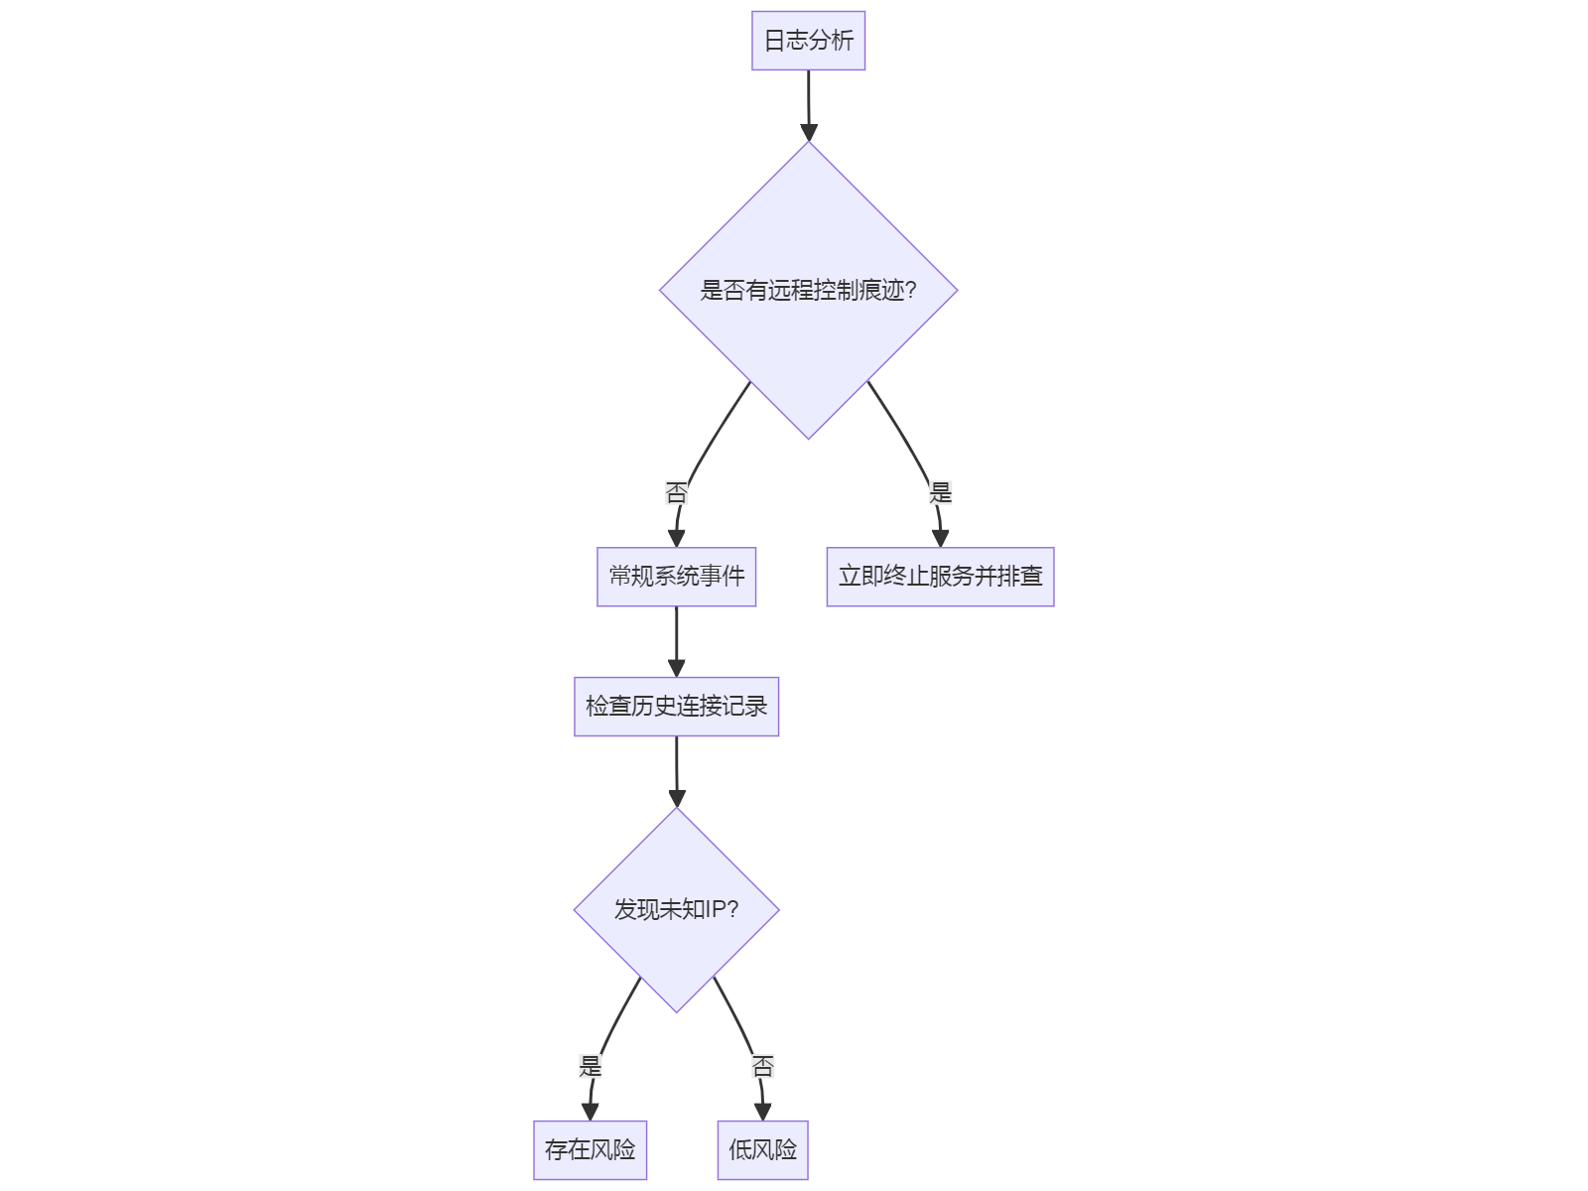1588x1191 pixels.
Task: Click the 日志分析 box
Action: click(x=808, y=41)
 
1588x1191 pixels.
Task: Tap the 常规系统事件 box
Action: click(x=676, y=577)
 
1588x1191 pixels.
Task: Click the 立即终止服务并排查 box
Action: click(x=940, y=577)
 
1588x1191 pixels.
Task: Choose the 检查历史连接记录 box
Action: click(x=676, y=707)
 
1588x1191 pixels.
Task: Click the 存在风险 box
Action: click(x=590, y=1150)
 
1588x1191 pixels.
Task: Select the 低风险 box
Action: click(x=762, y=1150)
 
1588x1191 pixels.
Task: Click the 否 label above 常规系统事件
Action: click(x=676, y=492)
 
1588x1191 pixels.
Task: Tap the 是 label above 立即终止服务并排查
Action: click(x=940, y=492)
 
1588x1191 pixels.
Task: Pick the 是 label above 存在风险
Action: click(x=591, y=1067)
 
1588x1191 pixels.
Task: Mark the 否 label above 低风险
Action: click(x=762, y=1067)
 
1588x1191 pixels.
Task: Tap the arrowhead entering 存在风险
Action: click(x=590, y=1113)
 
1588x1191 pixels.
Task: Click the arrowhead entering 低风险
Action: click(x=762, y=1113)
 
